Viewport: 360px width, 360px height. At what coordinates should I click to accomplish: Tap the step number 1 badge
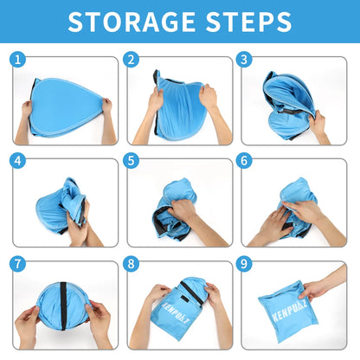click(17, 60)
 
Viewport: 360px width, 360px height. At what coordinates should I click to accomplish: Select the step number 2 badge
click(132, 60)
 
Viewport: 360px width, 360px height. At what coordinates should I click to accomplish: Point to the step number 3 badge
click(244, 60)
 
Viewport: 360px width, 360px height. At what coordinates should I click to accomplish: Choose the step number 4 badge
click(17, 161)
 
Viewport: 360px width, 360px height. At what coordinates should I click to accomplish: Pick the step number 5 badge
click(132, 161)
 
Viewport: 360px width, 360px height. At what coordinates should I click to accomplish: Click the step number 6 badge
click(244, 161)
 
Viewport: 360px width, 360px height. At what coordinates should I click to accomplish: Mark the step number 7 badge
click(17, 262)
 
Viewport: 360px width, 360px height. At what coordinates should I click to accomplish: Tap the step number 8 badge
click(132, 262)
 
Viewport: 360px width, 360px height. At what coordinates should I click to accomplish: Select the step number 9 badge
click(244, 262)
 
